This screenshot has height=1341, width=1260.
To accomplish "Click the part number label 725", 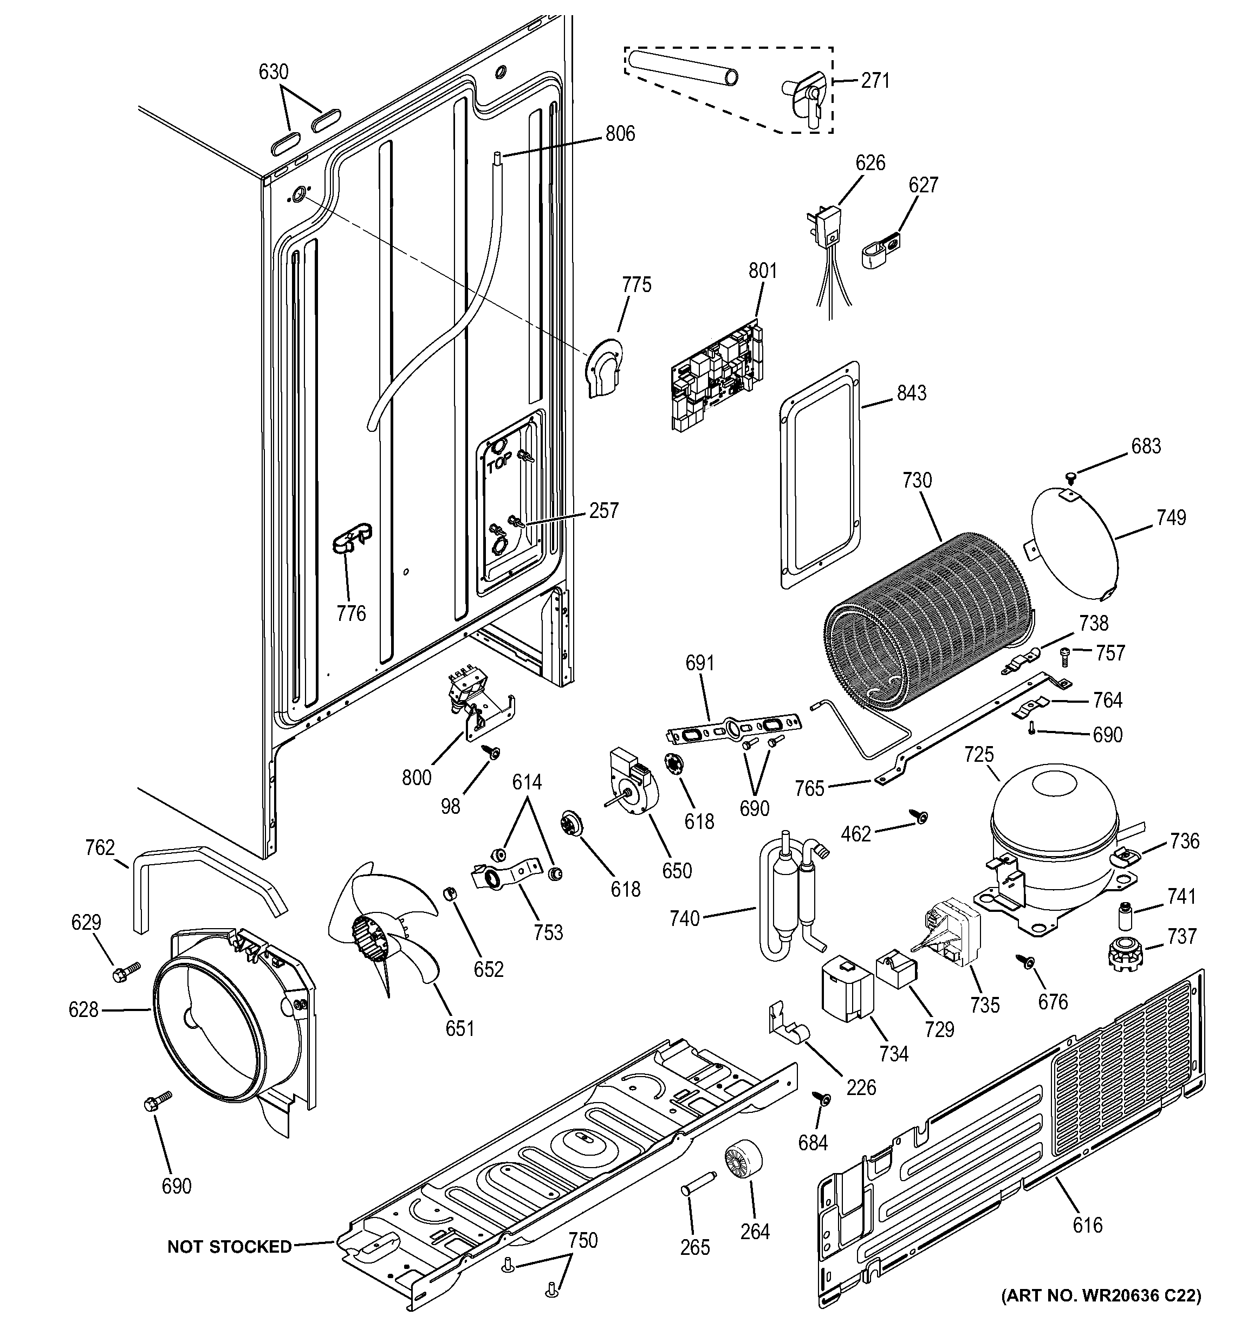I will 979,754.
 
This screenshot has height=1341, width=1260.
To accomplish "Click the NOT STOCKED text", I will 229,1247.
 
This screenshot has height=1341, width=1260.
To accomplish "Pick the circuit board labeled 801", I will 718,377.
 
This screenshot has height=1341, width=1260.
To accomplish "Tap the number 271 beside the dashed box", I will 875,81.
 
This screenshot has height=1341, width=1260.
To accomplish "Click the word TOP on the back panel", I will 498,464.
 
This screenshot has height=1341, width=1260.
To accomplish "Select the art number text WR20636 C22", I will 1101,1295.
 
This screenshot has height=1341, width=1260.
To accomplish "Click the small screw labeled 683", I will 1070,477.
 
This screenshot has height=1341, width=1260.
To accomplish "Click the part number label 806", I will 620,134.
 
